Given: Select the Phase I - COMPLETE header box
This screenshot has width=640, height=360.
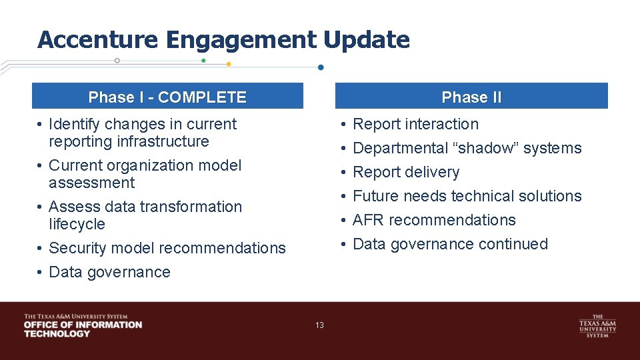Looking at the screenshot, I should pos(167,97).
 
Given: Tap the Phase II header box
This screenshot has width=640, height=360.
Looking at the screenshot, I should pos(471,97).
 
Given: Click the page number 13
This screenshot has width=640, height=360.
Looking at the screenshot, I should pos(319,325).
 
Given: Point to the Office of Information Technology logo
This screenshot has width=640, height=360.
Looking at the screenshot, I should pos(83,325).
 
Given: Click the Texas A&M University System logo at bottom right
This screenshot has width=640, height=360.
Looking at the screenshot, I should pos(597,325).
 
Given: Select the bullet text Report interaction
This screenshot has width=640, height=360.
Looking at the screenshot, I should pos(415,124).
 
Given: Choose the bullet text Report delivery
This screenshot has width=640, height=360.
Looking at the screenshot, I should pos(406,172).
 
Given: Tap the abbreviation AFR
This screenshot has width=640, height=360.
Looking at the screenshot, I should pos(369,220).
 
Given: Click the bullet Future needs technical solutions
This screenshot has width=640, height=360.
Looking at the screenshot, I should pos(467,196).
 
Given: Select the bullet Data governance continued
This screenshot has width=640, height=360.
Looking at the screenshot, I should pos(450,244).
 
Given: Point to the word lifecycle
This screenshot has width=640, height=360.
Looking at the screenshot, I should pos(77,224).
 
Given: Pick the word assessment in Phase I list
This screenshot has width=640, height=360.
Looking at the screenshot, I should pos(91,183).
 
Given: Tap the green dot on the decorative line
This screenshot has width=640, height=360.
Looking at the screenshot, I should pos(203,60).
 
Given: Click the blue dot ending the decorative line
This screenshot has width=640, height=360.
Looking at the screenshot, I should pos(321,67).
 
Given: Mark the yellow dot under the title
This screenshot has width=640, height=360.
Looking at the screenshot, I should pos(229,64).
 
